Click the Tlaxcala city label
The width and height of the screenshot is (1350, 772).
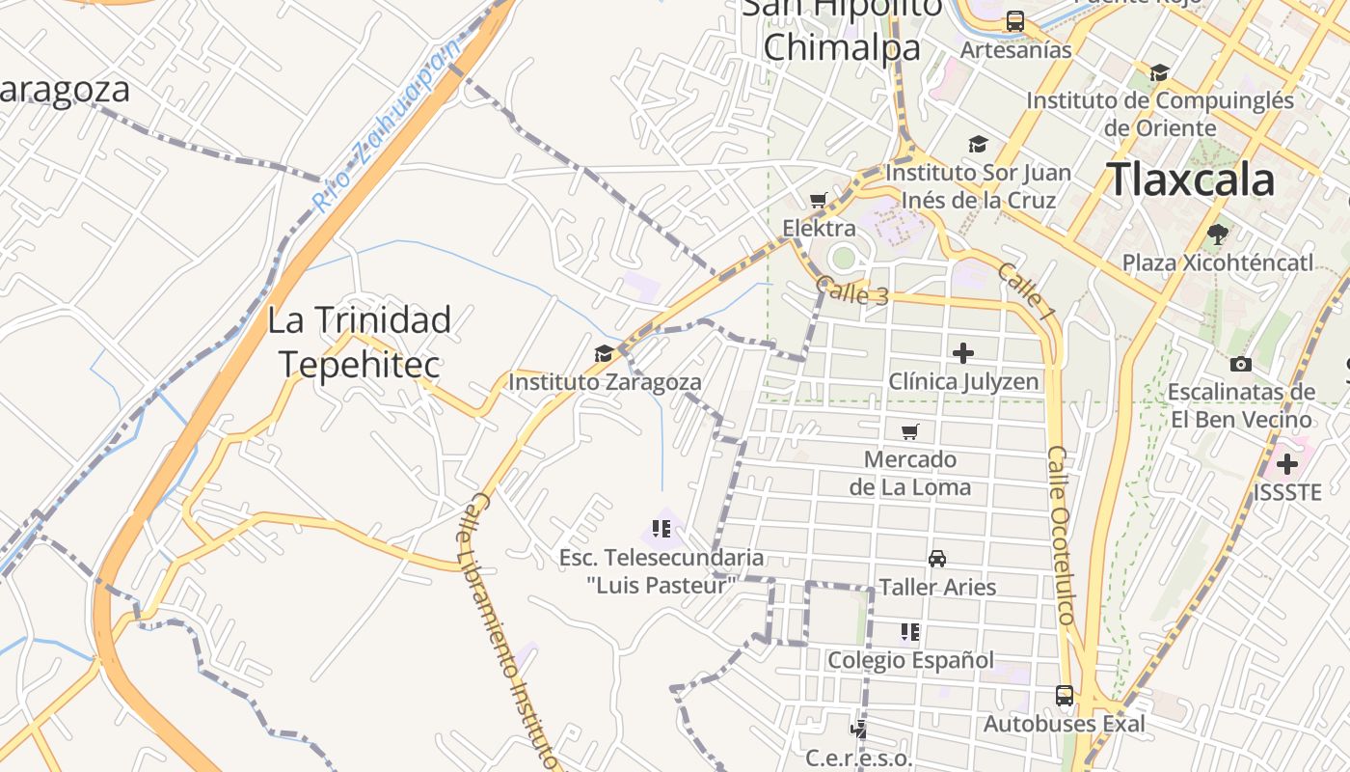(x=1190, y=180)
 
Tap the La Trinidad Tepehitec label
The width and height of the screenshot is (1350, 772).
(x=359, y=342)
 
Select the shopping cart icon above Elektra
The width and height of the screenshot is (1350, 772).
(x=819, y=201)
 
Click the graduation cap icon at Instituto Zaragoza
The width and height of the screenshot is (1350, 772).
(x=604, y=354)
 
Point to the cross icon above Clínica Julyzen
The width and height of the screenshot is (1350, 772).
(x=962, y=353)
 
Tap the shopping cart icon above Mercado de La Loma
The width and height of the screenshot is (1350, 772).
(x=909, y=431)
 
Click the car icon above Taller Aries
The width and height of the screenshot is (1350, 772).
(x=936, y=559)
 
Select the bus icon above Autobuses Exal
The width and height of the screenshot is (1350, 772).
(x=1065, y=695)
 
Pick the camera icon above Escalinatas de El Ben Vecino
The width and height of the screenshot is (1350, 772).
(x=1241, y=364)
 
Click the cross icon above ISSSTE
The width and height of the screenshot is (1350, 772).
(x=1286, y=464)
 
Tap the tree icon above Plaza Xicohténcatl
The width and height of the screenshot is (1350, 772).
(x=1218, y=234)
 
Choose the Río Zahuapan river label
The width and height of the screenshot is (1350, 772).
(x=383, y=131)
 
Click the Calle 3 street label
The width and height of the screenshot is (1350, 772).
(x=851, y=291)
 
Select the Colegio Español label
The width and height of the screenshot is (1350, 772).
(x=910, y=660)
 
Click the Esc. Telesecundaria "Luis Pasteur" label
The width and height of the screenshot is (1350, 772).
(x=661, y=570)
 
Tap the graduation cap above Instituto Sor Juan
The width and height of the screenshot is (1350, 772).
(x=978, y=145)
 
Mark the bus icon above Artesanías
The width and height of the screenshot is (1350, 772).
(x=1015, y=21)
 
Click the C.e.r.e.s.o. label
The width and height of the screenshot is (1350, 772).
(x=858, y=758)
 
